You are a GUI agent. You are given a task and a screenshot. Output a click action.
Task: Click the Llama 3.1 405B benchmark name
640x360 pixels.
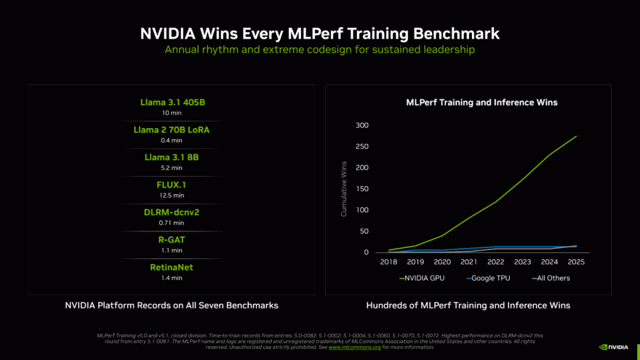172,103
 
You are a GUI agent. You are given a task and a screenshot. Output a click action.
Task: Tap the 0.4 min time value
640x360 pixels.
172,140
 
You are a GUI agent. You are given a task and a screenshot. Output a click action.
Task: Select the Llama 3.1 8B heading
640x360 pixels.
172,157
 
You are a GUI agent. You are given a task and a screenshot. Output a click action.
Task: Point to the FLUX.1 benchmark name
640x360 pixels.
172,185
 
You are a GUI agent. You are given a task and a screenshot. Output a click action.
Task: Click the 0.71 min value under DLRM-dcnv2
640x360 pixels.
172,223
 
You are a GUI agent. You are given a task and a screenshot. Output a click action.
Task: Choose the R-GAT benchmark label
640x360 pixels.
172,239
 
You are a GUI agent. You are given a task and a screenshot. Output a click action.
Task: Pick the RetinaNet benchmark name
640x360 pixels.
172,267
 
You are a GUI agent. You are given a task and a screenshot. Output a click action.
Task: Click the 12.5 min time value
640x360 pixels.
172,195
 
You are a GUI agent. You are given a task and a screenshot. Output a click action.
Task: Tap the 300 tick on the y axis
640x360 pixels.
362,125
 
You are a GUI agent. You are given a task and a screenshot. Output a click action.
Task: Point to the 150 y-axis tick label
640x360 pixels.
362,189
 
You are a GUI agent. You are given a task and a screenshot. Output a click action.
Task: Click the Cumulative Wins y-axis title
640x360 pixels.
344,189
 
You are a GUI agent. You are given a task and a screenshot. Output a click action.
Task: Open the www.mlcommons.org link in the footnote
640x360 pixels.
354,347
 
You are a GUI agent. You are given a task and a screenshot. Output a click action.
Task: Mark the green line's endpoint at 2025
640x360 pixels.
576,136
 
